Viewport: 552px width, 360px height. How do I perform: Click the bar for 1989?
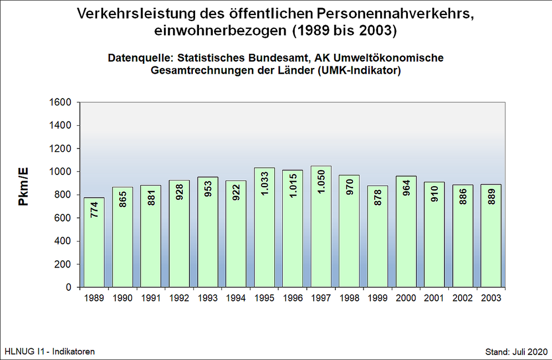click(x=94, y=244)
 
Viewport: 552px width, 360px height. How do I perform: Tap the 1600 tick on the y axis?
click(x=62, y=102)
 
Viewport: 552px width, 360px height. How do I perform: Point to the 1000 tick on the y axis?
click(x=62, y=172)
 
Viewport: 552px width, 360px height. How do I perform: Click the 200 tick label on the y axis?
click(x=64, y=264)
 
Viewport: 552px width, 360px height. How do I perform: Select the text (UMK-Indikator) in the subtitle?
click(x=358, y=71)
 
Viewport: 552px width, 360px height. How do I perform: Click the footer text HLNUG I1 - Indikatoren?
click(x=50, y=352)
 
